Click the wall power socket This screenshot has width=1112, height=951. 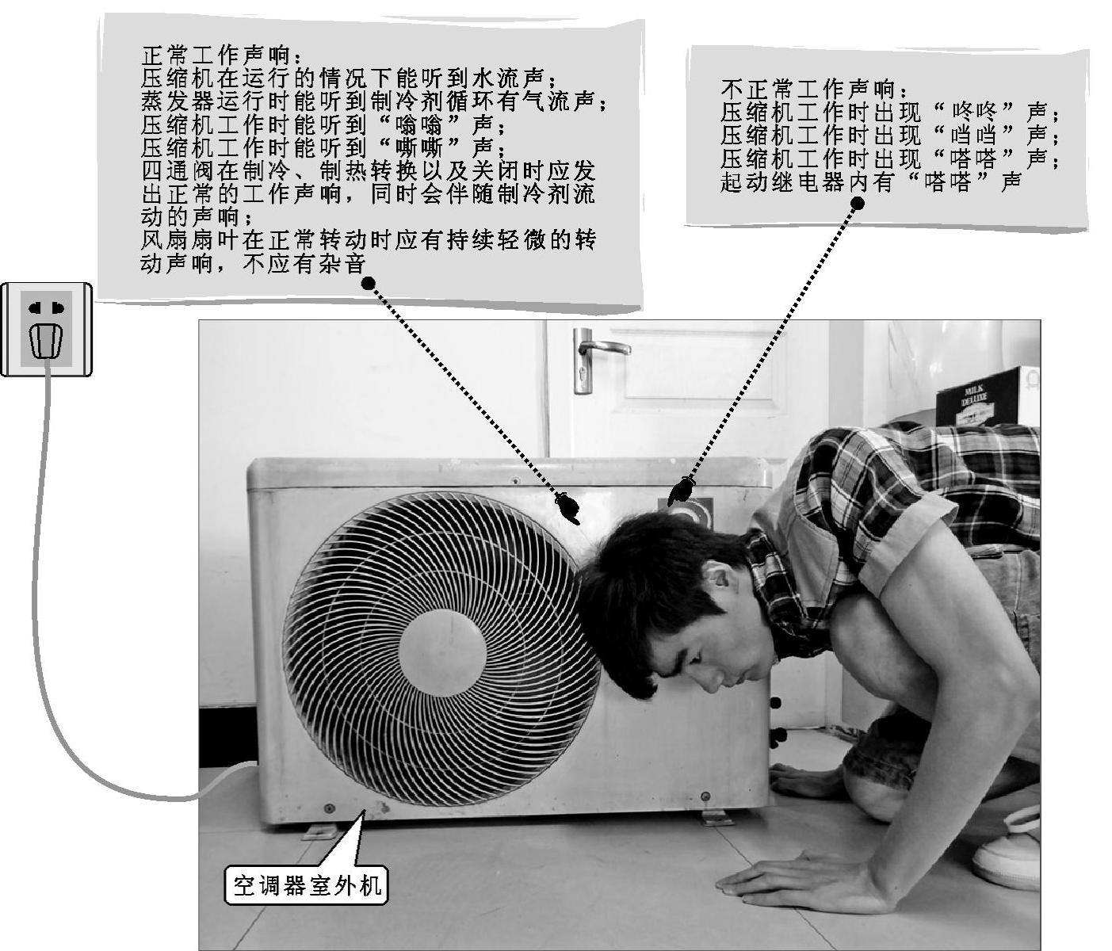click(x=46, y=329)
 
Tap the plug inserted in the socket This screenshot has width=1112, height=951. click(x=46, y=342)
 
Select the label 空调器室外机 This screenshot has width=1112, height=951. click(x=306, y=885)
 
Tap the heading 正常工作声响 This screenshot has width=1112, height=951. click(x=217, y=55)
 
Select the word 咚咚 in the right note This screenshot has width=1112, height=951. click(x=975, y=113)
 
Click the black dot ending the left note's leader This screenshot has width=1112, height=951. click(x=368, y=283)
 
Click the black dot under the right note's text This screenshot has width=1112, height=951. click(x=858, y=204)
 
